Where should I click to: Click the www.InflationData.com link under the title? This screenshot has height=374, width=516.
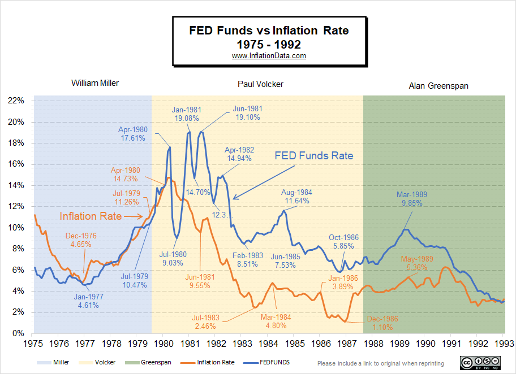pos(269,56)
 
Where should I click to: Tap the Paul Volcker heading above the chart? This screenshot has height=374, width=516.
pos(260,84)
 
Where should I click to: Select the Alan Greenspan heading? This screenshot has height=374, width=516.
pos(438,86)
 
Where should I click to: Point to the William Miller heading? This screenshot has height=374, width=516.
pos(95,83)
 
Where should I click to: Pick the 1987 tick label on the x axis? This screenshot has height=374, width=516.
pos(346,343)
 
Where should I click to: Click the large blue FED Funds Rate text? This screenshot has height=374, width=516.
pos(315,156)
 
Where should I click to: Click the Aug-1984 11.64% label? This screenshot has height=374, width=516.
pos(296,197)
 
